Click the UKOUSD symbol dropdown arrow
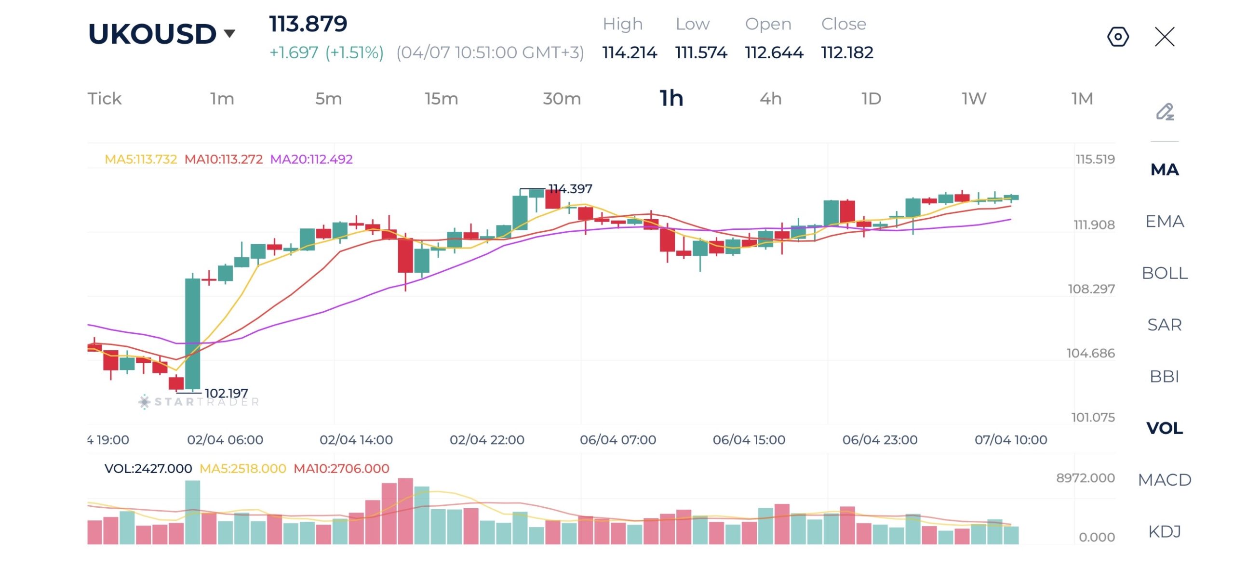pos(229,33)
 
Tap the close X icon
pos(1164,37)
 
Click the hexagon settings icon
pos(1117,37)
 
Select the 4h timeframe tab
pos(770,99)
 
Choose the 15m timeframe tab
pos(441,99)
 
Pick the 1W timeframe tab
pos(974,99)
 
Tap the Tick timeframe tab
pos(104,99)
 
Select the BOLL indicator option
pos(1164,273)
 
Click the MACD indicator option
pos(1164,480)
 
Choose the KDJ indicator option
pos(1164,531)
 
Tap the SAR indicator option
pos(1164,325)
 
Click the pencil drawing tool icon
pos(1164,112)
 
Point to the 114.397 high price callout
pos(570,189)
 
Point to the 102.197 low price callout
pos(226,393)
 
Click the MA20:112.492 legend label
pos(311,159)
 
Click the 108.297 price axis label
pos(1091,289)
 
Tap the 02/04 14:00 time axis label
pos(356,440)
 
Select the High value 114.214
pos(629,53)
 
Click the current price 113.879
pos(308,24)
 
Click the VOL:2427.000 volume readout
pos(148,468)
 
